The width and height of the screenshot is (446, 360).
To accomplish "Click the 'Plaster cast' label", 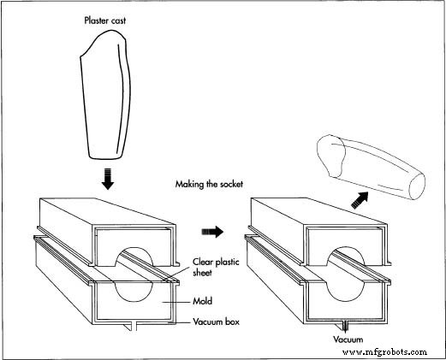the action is [x=104, y=21].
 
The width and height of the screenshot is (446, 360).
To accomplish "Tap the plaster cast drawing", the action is [x=105, y=95].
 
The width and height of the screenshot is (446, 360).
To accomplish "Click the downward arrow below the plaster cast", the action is [x=108, y=179].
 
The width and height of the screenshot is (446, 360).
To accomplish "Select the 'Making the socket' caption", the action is [x=209, y=184].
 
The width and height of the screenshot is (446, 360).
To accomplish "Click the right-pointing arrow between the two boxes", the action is [x=212, y=232].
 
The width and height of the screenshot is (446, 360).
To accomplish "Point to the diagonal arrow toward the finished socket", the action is [x=360, y=200].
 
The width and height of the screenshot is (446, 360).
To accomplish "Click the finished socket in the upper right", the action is [x=371, y=167].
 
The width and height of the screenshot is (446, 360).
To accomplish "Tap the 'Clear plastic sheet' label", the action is [x=216, y=268].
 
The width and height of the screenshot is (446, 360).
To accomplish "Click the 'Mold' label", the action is [x=202, y=301].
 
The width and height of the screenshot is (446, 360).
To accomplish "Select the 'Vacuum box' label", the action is [x=216, y=322].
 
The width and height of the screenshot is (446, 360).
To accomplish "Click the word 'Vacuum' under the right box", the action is [x=348, y=339].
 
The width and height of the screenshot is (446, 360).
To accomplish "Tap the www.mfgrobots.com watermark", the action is [x=384, y=352].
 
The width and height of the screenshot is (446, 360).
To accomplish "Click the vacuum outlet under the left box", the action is [x=131, y=327].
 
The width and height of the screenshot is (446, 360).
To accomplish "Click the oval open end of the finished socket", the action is [x=417, y=186].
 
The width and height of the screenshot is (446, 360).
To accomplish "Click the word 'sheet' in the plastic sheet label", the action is [x=202, y=273].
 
